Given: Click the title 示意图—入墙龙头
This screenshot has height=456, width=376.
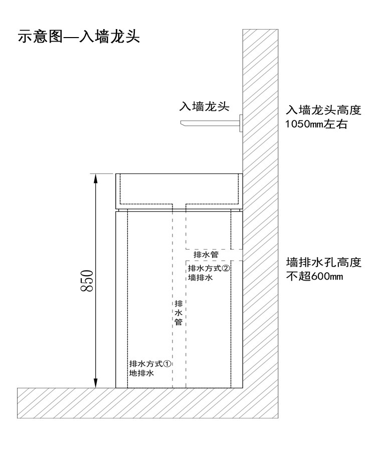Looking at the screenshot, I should [79, 38].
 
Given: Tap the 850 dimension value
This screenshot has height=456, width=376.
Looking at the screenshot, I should [86, 281].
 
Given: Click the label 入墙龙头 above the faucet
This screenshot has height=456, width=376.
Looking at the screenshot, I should [205, 106].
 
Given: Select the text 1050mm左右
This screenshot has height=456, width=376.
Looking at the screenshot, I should [316, 124].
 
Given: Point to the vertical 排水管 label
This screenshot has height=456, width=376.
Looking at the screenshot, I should [178, 313].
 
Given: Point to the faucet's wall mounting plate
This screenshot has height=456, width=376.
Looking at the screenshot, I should [241, 123].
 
